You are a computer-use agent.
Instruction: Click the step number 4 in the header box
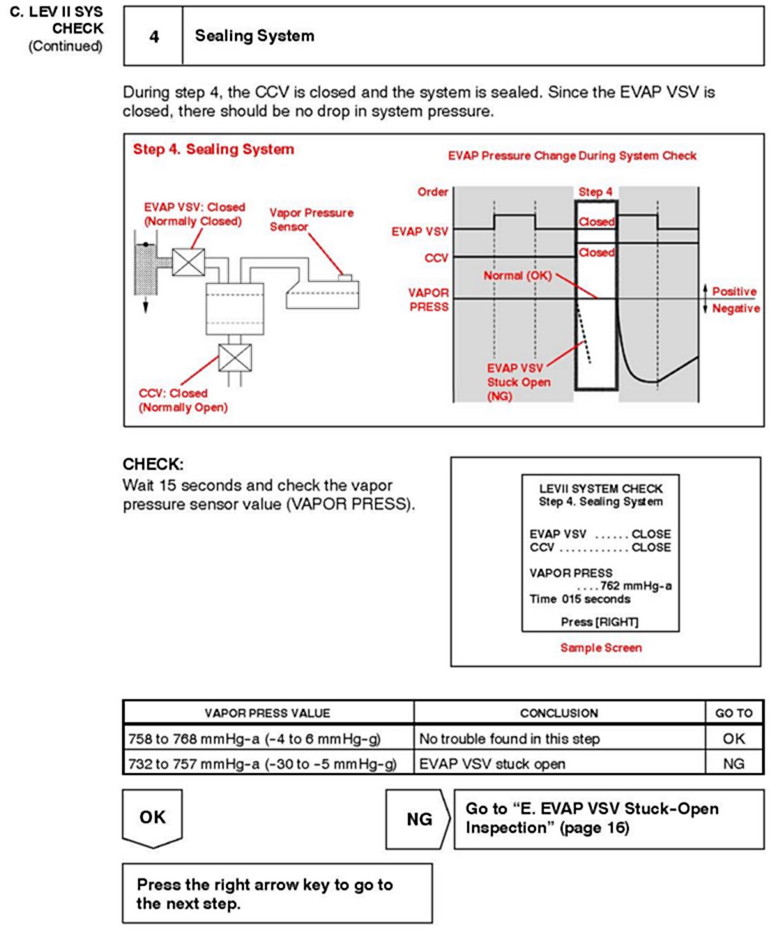point(154,36)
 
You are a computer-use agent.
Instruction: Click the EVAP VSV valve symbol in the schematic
point(188,263)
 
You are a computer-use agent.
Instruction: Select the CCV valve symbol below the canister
point(235,358)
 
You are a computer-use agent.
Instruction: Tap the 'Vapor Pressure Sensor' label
point(311,220)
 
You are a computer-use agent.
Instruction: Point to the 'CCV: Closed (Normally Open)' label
point(183,400)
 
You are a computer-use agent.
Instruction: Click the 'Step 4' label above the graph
point(595,192)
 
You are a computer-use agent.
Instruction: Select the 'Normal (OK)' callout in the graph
point(517,275)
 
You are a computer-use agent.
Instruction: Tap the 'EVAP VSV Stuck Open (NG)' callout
point(518,382)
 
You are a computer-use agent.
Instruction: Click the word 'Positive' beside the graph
point(734,291)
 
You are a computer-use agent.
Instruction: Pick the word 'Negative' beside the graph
point(736,308)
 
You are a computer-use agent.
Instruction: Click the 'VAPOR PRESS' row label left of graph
point(428,300)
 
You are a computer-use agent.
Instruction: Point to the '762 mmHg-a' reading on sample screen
point(635,586)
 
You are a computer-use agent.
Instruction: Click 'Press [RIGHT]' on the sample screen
point(600,621)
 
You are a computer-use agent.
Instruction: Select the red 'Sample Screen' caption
point(601,648)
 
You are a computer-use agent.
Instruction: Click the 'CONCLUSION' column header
point(558,713)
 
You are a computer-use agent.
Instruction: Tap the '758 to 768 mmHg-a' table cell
point(254,739)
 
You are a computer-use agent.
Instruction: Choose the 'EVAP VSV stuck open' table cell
point(492,764)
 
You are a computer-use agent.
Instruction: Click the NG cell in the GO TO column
point(733,764)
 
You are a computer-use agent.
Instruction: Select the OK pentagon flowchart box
point(153,817)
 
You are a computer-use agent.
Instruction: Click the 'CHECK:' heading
point(153,464)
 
